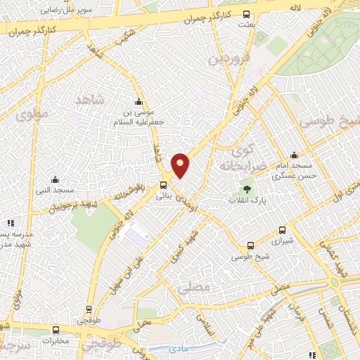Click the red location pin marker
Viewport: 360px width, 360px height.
coord(181,165)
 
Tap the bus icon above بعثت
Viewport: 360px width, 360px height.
coord(245,14)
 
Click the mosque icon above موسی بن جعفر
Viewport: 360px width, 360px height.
coord(139,100)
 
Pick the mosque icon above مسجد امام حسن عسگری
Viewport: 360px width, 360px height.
coord(294,155)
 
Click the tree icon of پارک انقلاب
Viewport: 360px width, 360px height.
coord(247,188)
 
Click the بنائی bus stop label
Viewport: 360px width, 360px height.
coord(164,198)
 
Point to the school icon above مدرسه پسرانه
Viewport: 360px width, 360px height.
coord(11,222)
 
